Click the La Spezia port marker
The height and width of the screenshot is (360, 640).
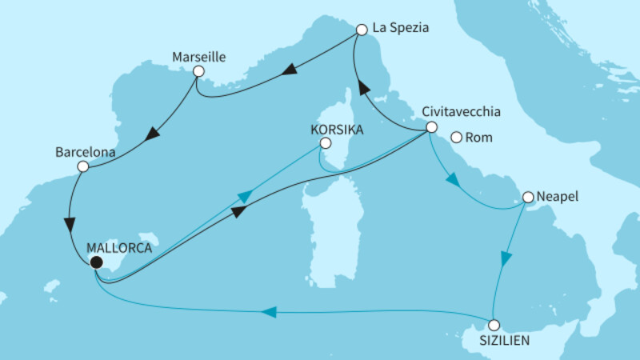tap(361, 30)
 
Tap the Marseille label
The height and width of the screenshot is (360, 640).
tap(198, 57)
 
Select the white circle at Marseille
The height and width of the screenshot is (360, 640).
tap(198, 71)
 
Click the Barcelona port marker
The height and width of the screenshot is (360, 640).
tap(82, 166)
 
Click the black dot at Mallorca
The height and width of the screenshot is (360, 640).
tap(96, 262)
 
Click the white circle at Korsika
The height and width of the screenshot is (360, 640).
tap(325, 143)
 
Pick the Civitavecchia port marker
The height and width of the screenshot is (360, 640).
tap(431, 127)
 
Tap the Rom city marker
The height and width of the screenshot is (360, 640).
tap(455, 137)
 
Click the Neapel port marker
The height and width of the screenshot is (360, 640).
tap(527, 196)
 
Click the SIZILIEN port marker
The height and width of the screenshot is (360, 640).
tap(494, 325)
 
